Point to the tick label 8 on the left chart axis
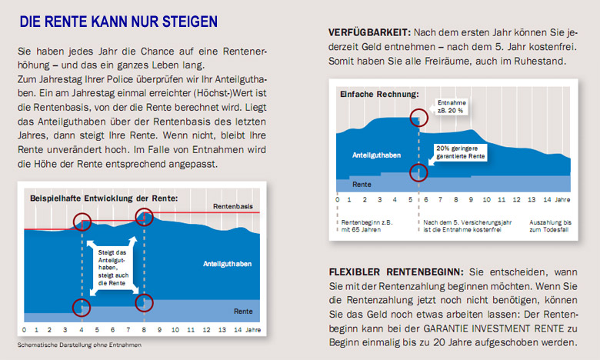(144, 330)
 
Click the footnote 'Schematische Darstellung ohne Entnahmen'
(79, 345)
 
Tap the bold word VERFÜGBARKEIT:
(368, 34)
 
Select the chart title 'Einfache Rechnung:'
(380, 95)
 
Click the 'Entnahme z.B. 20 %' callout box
(451, 106)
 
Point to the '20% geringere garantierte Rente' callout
(460, 152)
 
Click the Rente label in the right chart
(362, 185)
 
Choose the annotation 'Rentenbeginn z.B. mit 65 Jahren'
(366, 225)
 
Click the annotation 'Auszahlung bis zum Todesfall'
(552, 225)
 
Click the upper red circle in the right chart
(418, 119)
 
